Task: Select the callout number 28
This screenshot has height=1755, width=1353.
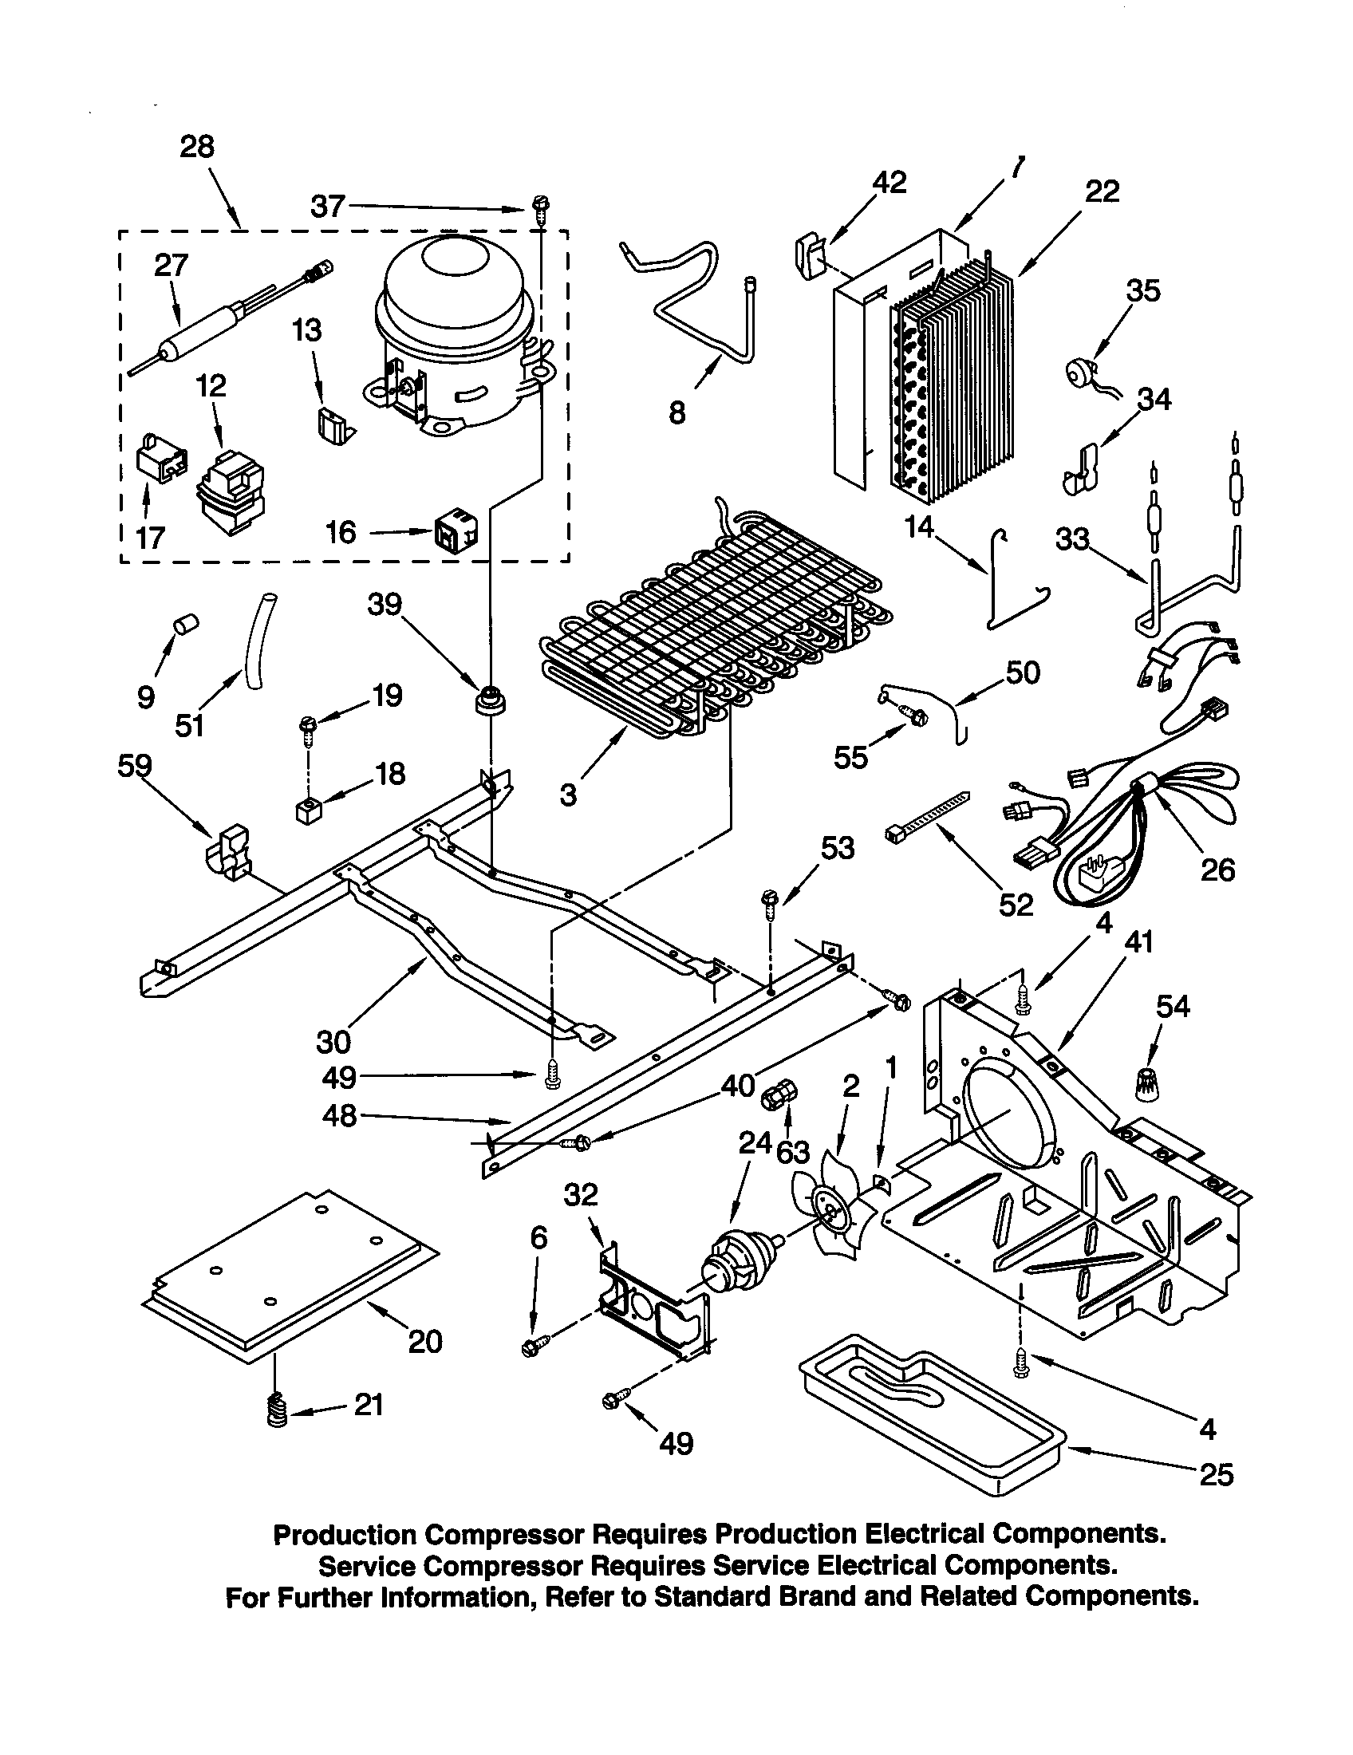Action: [197, 147]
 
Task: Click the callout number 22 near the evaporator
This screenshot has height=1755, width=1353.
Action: [1102, 192]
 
